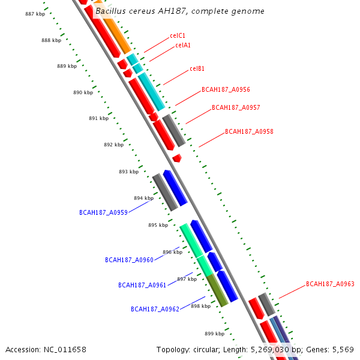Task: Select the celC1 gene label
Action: click(178, 36)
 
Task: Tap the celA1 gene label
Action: click(183, 46)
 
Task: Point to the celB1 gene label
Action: click(197, 68)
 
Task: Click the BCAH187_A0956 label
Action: click(226, 90)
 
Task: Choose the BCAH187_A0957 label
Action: click(236, 108)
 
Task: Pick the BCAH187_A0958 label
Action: click(249, 131)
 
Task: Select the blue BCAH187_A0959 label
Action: click(103, 213)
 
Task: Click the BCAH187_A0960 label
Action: click(129, 260)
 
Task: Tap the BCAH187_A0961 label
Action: click(142, 286)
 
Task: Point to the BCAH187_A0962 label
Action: click(155, 310)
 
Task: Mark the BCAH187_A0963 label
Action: click(330, 284)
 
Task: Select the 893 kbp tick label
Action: click(128, 172)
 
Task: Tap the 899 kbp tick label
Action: click(214, 334)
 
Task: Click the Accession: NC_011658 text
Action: click(46, 349)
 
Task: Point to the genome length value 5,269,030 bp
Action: click(279, 349)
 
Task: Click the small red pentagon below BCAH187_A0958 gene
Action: click(176, 158)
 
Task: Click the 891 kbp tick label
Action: click(98, 118)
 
